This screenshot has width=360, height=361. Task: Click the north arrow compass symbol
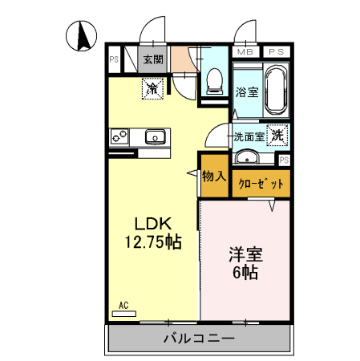[x=83, y=36]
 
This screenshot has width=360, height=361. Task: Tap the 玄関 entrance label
[x=153, y=59]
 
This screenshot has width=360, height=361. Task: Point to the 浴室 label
[x=247, y=92]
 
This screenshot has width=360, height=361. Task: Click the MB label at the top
[x=244, y=52]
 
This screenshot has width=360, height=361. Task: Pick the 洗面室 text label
[x=249, y=136]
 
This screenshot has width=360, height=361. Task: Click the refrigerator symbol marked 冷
[x=152, y=89]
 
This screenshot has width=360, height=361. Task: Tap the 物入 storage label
[x=213, y=176]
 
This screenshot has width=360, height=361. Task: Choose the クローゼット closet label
[x=261, y=184]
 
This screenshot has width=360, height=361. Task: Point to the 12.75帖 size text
[x=152, y=243]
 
